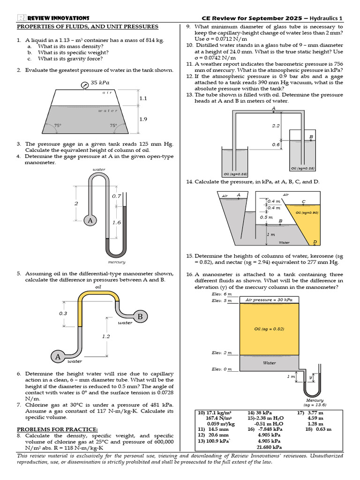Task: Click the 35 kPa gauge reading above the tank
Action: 100,82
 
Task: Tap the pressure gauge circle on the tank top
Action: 85,85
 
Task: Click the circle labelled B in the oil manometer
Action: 140,317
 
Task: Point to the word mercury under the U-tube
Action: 116,262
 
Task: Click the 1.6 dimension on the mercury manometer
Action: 117,223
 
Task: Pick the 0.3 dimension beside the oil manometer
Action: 63,313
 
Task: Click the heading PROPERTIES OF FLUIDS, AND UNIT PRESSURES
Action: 88,27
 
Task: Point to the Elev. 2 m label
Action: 222,352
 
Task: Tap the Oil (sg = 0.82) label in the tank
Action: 270,329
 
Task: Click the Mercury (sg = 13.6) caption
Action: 315,402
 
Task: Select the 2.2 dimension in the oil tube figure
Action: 276,126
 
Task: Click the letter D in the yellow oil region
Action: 315,242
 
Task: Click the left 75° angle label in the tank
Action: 58,126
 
